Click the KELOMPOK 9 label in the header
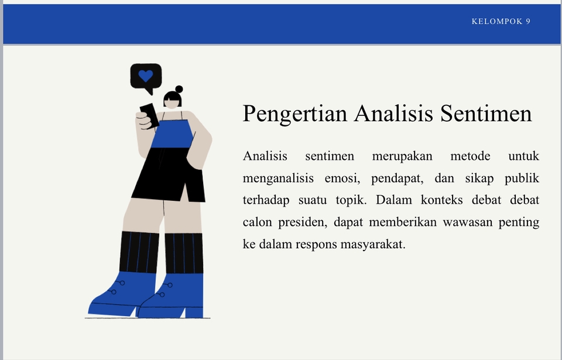(501, 22)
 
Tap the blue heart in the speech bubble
(146, 76)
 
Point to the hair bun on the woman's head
(179, 90)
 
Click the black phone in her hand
(149, 115)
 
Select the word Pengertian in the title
(295, 114)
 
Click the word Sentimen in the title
(486, 114)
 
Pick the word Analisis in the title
(393, 114)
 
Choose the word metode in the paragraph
(470, 156)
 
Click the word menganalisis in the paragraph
(278, 179)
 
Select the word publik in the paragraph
(522, 178)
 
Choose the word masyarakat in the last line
(373, 245)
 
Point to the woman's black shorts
(169, 174)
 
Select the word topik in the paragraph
(351, 200)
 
